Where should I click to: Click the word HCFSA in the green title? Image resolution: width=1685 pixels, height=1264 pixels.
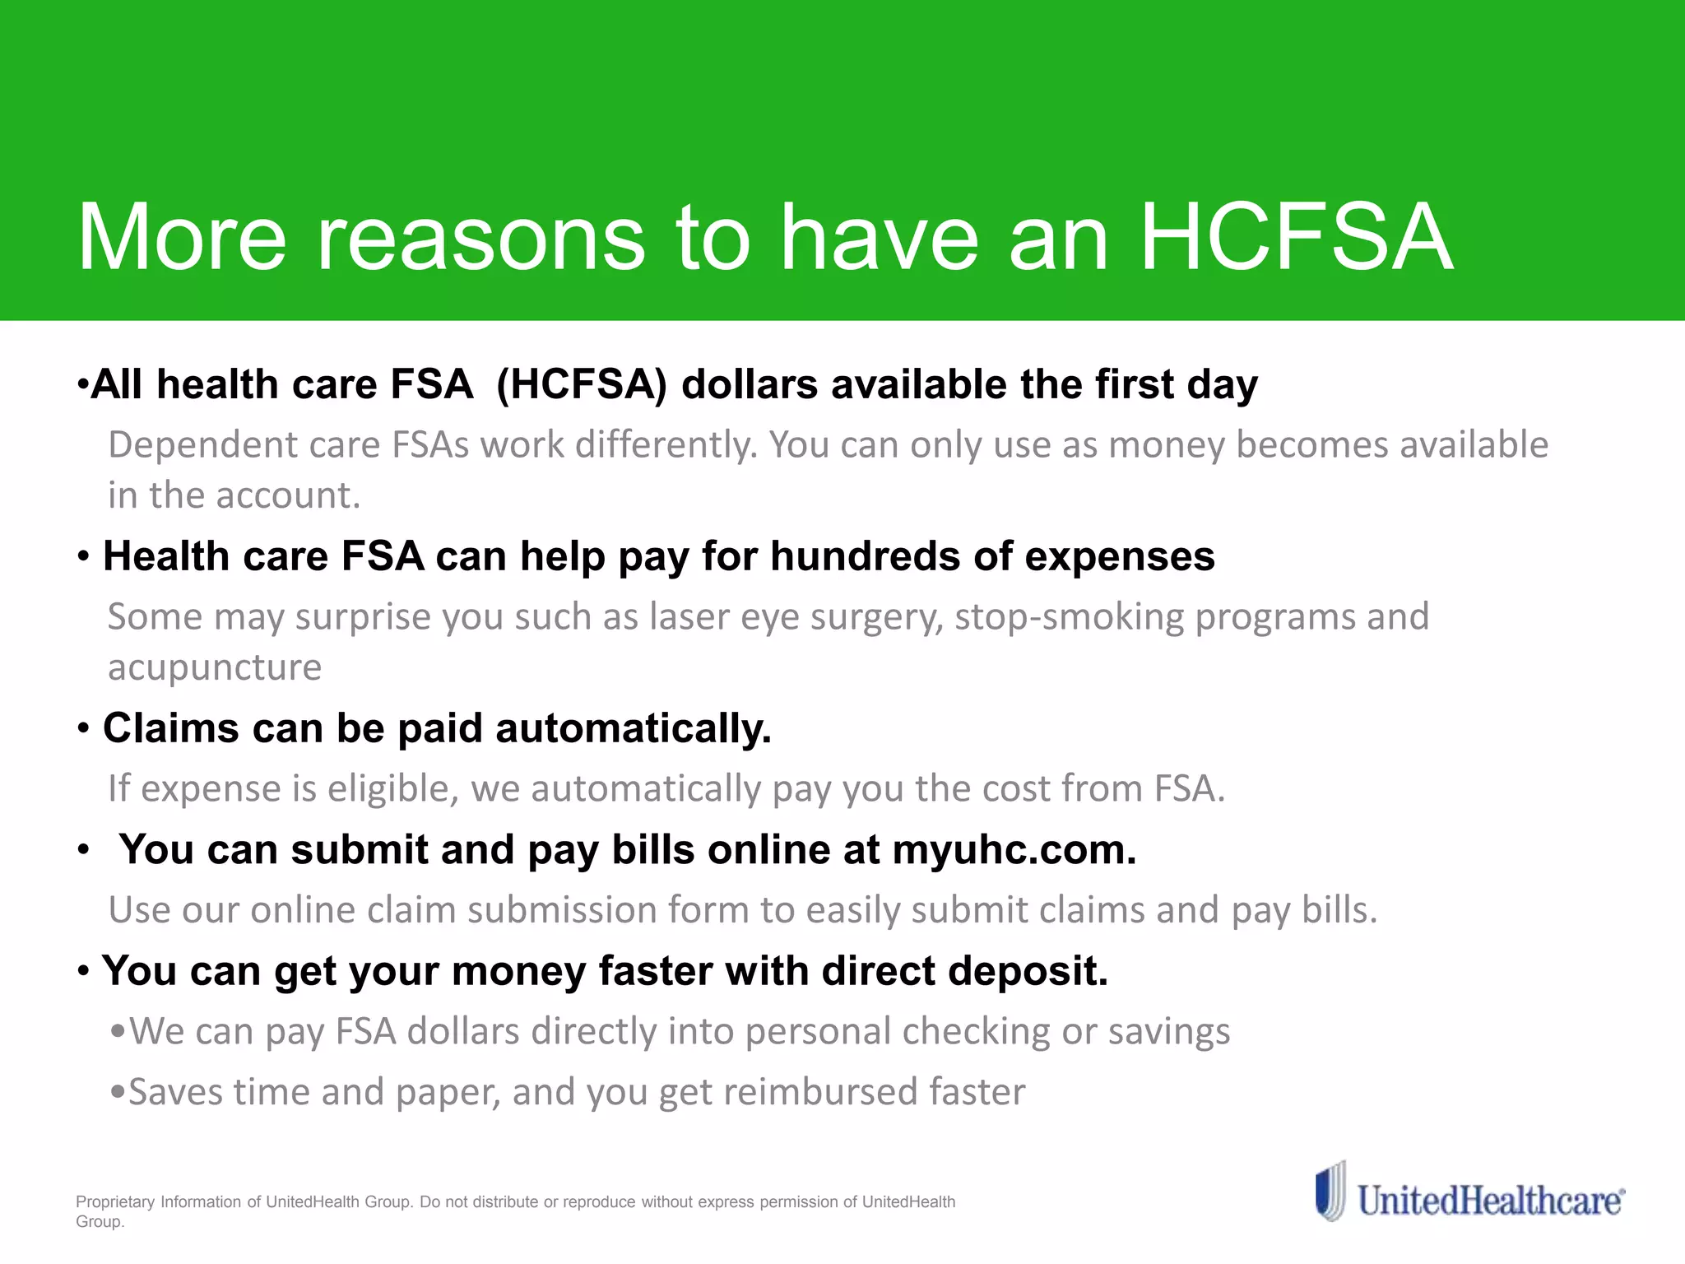[x=1297, y=239]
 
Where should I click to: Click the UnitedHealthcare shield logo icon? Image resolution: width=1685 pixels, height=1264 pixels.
[x=1330, y=1192]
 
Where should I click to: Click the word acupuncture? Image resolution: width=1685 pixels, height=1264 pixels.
[x=215, y=667]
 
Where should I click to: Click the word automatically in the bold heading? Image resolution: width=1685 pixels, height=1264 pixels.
[x=633, y=729]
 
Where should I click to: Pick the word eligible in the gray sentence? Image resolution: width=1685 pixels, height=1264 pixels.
[x=392, y=789]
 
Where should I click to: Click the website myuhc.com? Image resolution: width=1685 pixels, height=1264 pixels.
[x=1014, y=850]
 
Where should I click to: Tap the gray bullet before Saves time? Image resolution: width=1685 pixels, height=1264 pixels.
[x=118, y=1093]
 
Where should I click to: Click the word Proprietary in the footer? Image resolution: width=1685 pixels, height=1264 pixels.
[x=115, y=1202]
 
